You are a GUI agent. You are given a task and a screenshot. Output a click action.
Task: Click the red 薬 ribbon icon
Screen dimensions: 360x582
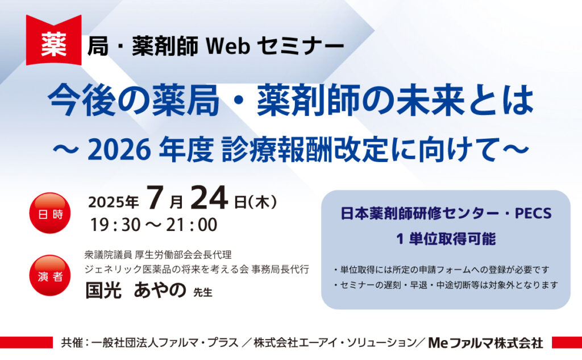click(x=53, y=45)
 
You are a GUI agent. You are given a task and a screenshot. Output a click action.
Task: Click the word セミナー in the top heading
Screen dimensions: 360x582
click(x=300, y=47)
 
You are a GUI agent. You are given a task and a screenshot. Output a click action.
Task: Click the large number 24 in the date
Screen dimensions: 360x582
click(x=209, y=200)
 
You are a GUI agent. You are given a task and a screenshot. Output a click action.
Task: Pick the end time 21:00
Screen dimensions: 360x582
click(x=191, y=225)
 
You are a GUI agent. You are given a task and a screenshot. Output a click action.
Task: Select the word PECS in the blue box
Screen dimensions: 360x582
click(x=532, y=214)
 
